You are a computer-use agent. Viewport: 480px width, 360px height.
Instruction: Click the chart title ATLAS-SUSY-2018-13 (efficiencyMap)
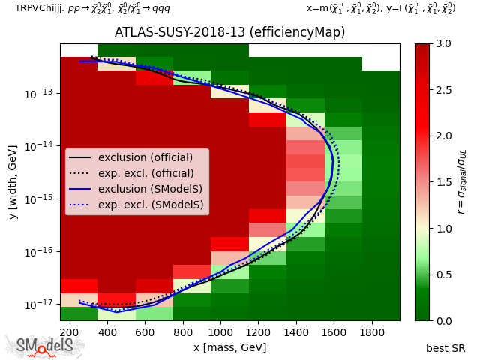(229, 32)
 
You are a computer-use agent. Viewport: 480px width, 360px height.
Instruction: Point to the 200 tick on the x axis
(70, 331)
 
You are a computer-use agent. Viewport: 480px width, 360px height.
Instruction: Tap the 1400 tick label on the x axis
(295, 331)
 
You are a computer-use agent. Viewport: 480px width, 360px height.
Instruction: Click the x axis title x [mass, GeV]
(229, 346)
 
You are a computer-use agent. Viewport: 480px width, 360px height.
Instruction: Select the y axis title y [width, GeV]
(13, 182)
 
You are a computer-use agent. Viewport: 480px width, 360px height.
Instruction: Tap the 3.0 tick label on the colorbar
(443, 44)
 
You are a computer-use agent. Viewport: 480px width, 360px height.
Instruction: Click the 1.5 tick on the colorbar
(443, 182)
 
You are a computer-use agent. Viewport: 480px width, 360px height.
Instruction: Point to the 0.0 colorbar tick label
(443, 320)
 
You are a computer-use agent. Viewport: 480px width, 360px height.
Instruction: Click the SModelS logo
(46, 346)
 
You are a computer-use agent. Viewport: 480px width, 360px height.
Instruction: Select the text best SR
(445, 348)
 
